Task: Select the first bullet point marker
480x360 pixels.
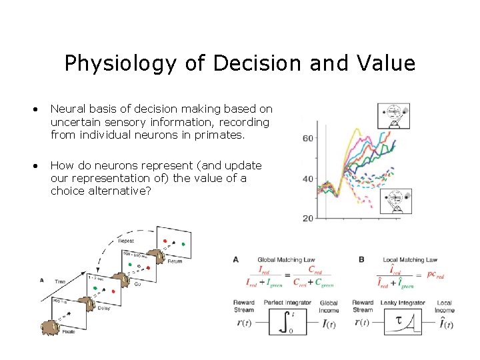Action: (41, 109)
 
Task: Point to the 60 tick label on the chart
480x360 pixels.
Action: (308, 139)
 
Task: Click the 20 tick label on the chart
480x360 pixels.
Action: (308, 218)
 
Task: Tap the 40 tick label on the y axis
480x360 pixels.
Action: (308, 179)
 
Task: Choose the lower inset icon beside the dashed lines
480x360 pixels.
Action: (396, 201)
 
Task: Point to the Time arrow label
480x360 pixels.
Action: (59, 281)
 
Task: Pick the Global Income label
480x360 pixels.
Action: (329, 307)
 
